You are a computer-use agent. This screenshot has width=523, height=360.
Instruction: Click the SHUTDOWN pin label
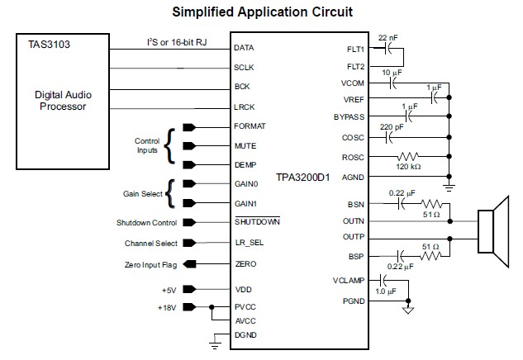(x=258, y=222)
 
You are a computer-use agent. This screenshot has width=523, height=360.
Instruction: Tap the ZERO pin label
(x=245, y=265)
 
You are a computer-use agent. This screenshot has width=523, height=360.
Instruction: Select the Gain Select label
(x=141, y=192)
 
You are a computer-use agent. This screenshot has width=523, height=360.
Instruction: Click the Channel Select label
(x=151, y=244)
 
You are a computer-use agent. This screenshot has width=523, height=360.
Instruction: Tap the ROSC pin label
(x=353, y=157)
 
